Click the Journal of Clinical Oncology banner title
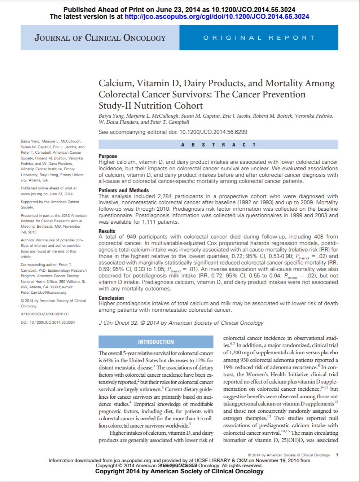100,38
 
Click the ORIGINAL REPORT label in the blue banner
259,38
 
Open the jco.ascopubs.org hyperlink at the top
216,17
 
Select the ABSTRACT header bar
218,145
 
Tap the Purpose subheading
108,156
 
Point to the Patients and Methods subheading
124,190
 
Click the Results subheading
107,231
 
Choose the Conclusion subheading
111,298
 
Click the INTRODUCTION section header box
156,342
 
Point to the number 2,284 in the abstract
164,196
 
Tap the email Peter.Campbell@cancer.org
44,293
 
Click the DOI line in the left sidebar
48,322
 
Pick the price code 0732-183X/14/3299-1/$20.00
45,314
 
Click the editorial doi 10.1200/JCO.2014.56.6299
214,132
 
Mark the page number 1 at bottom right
337,455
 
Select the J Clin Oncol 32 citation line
181,323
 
